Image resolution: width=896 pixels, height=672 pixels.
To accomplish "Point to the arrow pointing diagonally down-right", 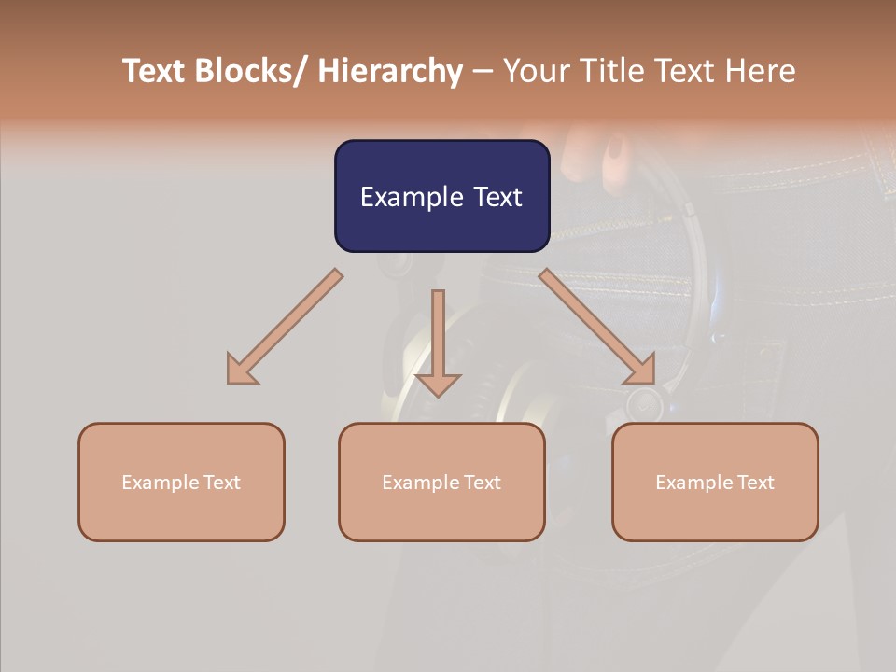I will (597, 327).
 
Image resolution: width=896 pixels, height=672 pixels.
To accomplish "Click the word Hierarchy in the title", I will (390, 72).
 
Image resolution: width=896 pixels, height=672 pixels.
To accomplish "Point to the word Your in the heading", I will (535, 72).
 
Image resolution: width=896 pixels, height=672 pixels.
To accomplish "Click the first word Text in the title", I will (155, 72).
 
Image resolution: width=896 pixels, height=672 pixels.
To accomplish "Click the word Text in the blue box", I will (497, 197).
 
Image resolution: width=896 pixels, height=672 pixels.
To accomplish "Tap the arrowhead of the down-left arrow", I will (241, 371).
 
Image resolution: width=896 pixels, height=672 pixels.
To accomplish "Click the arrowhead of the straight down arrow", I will (438, 384).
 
